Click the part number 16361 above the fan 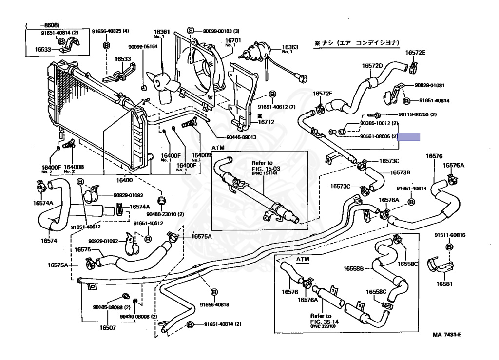point(162,32)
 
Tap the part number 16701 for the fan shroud point(233,41)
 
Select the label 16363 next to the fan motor point(290,47)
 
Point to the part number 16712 point(266,122)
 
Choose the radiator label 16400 point(124,180)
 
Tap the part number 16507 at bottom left point(108,327)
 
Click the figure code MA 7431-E point(447,335)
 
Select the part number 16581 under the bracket point(444,284)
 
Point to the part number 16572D point(372,66)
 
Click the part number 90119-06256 point(414,114)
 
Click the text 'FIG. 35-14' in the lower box point(324,322)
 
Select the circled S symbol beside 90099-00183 point(191,31)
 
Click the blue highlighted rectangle point(409,137)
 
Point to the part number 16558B point(353,269)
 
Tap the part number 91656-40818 point(214,304)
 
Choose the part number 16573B point(400,172)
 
